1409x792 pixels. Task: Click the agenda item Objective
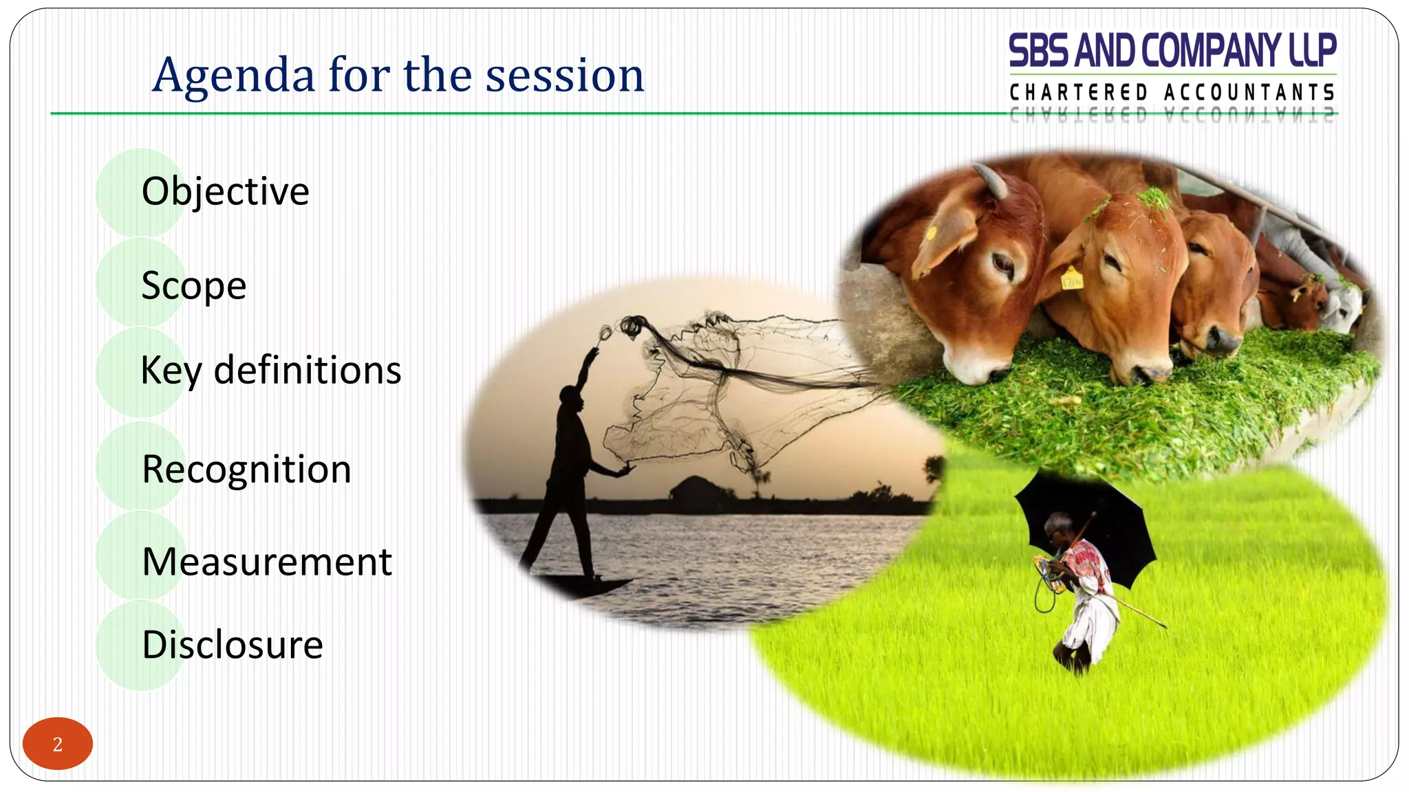coord(225,191)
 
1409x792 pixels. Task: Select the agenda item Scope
coord(193,285)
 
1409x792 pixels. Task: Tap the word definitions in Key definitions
coord(307,371)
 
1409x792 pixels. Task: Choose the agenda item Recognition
coord(246,470)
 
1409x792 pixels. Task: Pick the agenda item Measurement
coord(266,562)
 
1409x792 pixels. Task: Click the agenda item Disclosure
coord(232,645)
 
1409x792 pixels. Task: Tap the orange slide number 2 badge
coord(58,744)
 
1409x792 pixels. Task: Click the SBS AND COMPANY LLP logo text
coord(1172,52)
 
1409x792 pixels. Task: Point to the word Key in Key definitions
coord(171,372)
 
